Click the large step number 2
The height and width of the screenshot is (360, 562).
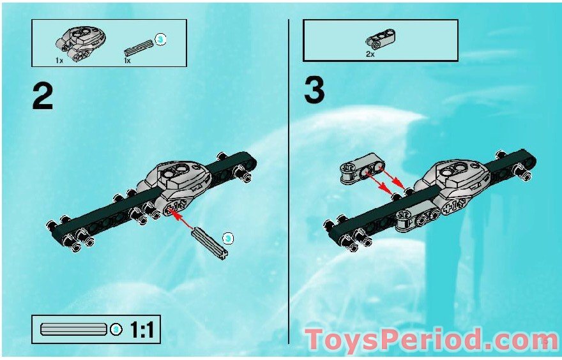[x=42, y=96]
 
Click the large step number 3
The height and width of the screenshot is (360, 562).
[x=314, y=91]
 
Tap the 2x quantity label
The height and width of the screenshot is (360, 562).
[x=370, y=54]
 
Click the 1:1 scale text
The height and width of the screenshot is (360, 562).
[x=143, y=330]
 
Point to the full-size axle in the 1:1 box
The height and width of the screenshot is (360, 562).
[x=73, y=330]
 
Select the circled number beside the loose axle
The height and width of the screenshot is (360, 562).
[x=229, y=239]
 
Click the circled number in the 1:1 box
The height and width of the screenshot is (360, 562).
[x=116, y=330]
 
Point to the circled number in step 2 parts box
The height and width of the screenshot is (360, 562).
[x=161, y=40]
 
